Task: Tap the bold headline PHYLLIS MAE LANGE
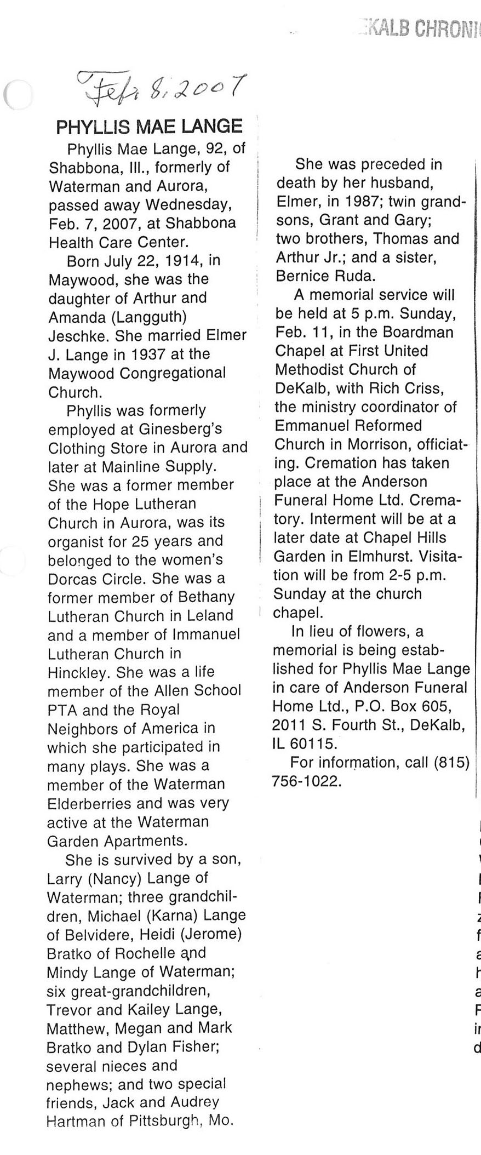149,127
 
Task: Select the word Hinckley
77,672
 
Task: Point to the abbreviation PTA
62,710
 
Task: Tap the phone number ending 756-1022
307,781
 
